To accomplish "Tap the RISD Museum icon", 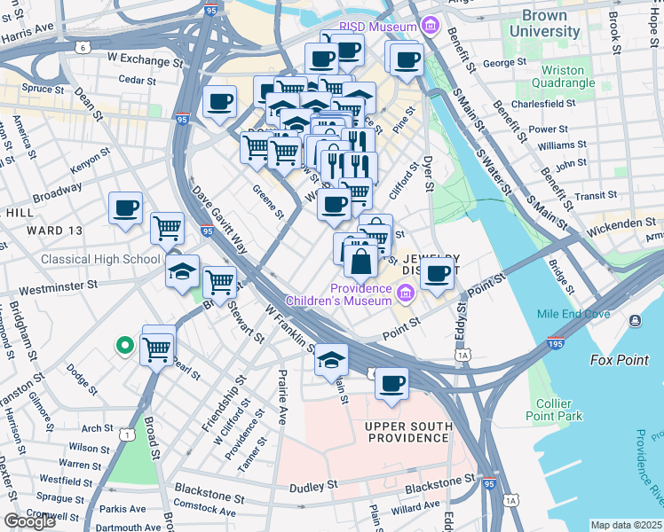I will [432, 27].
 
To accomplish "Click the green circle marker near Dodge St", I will [125, 346].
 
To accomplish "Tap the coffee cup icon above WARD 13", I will [125, 209].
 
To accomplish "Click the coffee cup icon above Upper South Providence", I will [391, 384].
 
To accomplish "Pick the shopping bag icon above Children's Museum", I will [361, 263].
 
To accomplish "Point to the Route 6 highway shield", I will [83, 46].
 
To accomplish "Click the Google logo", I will [29, 520].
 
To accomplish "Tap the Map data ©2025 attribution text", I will [626, 525].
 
